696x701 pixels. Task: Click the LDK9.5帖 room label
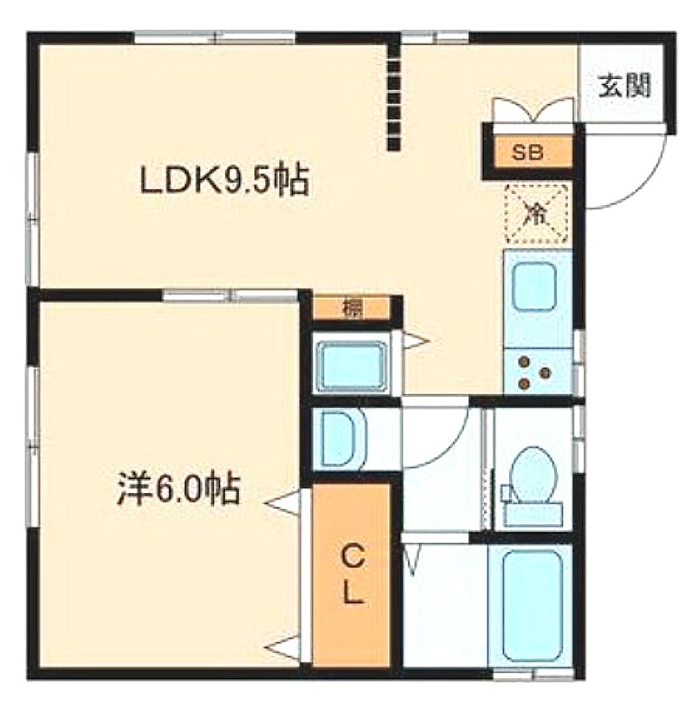(x=224, y=181)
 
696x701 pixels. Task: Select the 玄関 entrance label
(x=624, y=85)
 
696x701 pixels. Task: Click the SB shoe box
(x=528, y=152)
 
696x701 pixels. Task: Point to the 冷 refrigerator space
(x=536, y=214)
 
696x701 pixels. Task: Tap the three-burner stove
(x=535, y=372)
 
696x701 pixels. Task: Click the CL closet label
(x=352, y=577)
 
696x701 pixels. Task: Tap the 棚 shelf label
(x=353, y=308)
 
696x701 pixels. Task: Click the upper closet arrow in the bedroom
(x=281, y=503)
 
